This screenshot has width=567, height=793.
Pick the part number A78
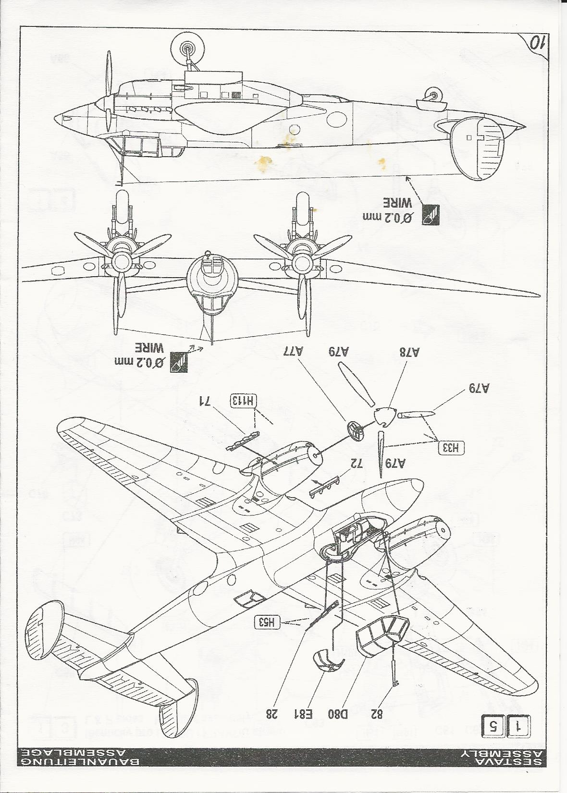[409, 352]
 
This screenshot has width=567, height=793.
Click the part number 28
[272, 714]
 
